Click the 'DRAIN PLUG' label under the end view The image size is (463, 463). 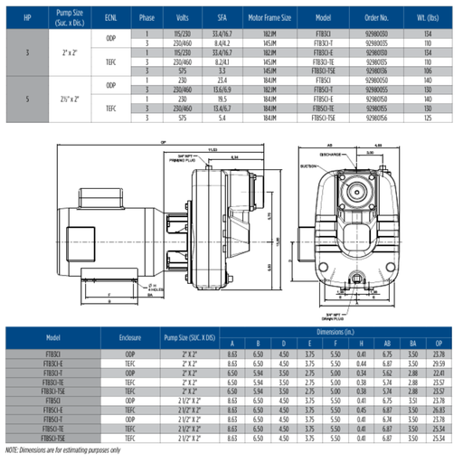click(335, 315)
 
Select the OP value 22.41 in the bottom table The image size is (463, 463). click(440, 372)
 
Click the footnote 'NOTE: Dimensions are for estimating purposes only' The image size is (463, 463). click(72, 449)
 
